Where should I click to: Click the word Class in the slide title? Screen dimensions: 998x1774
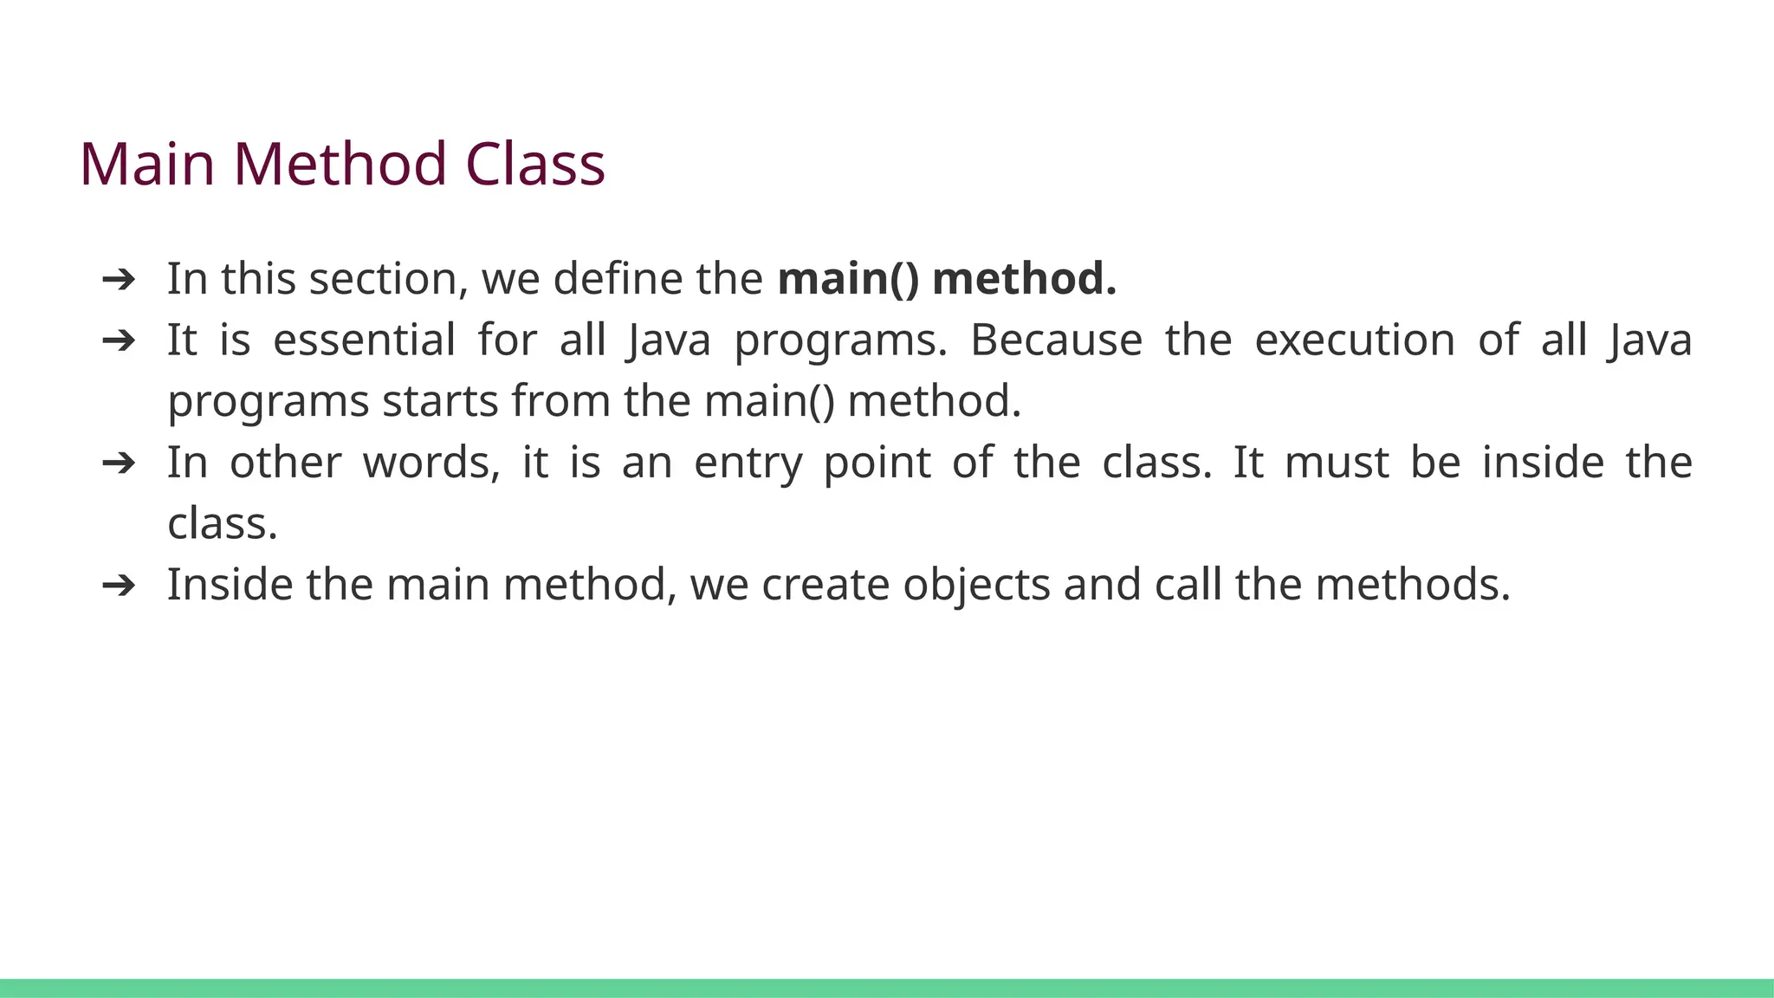pos(534,164)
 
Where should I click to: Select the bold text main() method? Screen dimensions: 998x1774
pos(947,279)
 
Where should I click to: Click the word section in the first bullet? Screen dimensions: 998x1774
pos(383,279)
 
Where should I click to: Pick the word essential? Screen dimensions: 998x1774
pos(364,340)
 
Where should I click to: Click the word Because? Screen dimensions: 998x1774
pos(1056,340)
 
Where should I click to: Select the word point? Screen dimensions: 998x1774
pos(877,463)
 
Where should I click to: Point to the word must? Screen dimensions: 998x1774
pos(1337,463)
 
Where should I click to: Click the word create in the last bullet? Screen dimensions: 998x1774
pos(825,585)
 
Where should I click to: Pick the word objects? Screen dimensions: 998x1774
pos(976,586)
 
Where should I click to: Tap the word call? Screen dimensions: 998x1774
pos(1188,585)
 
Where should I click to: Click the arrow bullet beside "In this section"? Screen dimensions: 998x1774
pos(119,279)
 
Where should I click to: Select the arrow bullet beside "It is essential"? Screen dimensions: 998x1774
pos(119,340)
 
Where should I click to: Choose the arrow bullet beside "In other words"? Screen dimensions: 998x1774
pos(119,463)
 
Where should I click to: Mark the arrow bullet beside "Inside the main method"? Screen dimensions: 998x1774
pos(119,586)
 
